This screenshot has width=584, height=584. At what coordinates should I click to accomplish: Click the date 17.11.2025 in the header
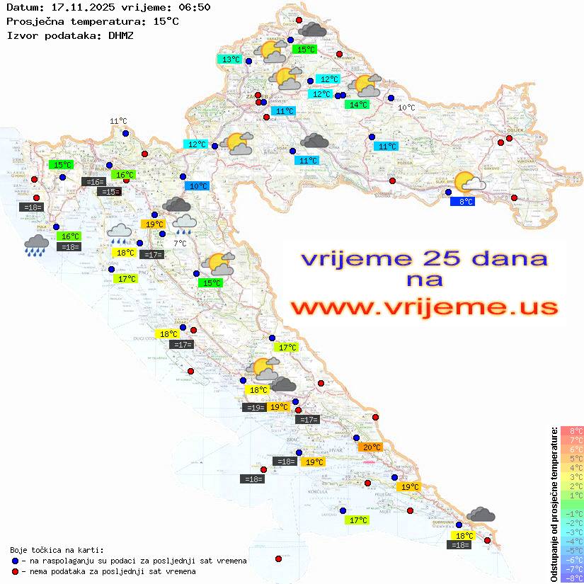click(76, 7)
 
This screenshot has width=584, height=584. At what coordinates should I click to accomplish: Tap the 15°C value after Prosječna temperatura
click(166, 21)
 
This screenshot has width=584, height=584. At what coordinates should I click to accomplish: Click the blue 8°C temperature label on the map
click(463, 202)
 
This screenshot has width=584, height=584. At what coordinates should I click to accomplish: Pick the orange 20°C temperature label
click(371, 447)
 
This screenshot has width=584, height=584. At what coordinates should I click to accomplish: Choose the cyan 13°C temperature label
click(231, 59)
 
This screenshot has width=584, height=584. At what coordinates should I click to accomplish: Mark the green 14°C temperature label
click(357, 105)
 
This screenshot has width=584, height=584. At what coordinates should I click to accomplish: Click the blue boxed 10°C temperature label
click(197, 186)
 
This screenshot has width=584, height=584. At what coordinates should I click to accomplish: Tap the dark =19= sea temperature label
click(254, 407)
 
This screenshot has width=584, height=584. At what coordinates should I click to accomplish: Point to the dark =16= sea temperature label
click(94, 182)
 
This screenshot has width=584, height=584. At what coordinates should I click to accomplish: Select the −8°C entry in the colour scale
click(572, 578)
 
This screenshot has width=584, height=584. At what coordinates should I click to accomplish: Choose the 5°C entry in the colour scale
click(572, 458)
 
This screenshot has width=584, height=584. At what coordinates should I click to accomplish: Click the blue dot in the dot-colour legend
click(15, 561)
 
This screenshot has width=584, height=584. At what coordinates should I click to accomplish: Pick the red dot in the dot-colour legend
click(15, 571)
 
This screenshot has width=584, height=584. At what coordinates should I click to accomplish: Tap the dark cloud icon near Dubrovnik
click(481, 515)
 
